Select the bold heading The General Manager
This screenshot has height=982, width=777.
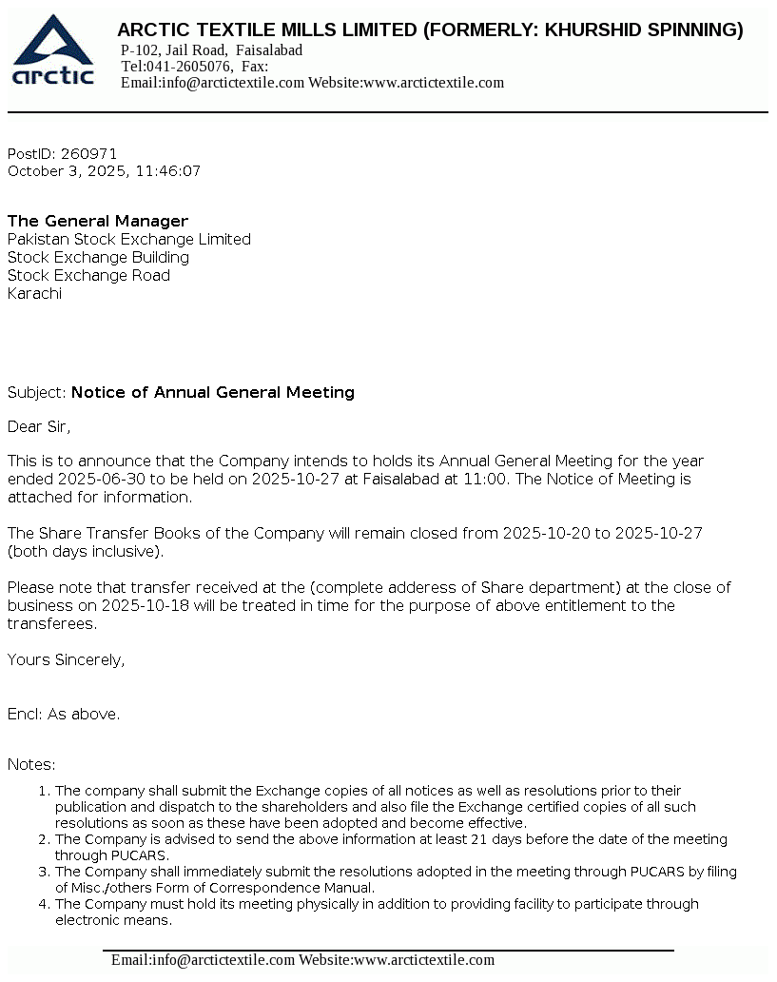point(98,222)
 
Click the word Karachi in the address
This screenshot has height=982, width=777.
point(34,294)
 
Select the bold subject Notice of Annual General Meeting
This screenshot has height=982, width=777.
point(213,393)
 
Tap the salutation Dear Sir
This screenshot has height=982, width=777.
point(39,427)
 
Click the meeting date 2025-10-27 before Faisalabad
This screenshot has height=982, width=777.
point(295,480)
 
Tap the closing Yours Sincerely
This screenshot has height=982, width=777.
point(66,660)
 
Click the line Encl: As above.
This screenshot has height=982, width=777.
point(64,715)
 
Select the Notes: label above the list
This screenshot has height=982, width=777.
point(31,765)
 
